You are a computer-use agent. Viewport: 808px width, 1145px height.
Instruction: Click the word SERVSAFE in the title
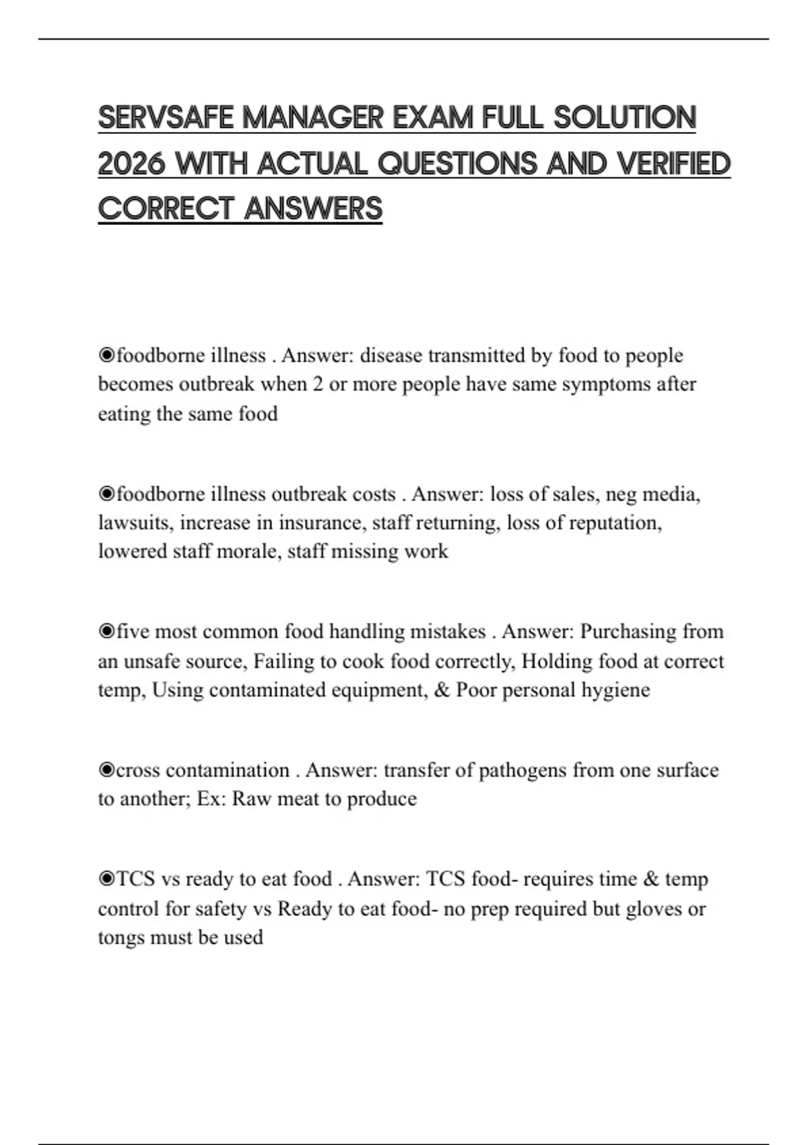[166, 118]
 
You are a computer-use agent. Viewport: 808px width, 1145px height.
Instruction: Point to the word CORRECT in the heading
[166, 209]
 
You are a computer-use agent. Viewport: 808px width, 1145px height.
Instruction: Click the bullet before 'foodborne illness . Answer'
[106, 355]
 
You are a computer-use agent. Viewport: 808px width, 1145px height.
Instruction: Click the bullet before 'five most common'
[106, 631]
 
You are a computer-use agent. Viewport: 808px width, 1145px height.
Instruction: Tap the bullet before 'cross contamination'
[106, 770]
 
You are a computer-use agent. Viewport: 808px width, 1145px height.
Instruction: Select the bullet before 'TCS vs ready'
[106, 879]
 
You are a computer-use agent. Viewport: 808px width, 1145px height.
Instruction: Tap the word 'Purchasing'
[628, 632]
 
